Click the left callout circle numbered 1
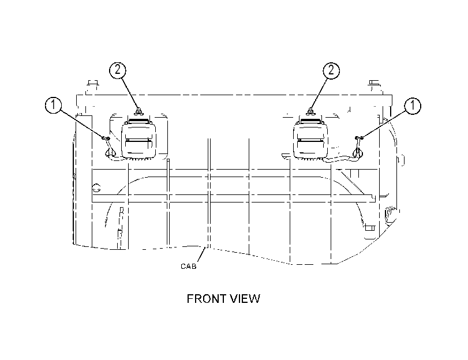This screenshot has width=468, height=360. (x=54, y=105)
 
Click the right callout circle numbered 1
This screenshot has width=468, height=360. (x=413, y=106)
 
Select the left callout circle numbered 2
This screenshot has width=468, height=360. (x=118, y=70)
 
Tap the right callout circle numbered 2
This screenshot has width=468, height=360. (x=331, y=70)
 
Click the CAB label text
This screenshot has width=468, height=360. (x=189, y=267)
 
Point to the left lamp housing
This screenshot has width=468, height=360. (x=138, y=139)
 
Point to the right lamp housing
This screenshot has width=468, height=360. (x=310, y=139)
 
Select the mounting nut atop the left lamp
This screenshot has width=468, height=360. (x=138, y=112)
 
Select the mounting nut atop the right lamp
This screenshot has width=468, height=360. (x=310, y=112)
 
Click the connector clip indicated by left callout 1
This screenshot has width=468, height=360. (x=106, y=138)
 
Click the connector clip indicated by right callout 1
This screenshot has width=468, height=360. (x=359, y=138)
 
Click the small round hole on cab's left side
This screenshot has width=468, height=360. (x=96, y=188)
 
